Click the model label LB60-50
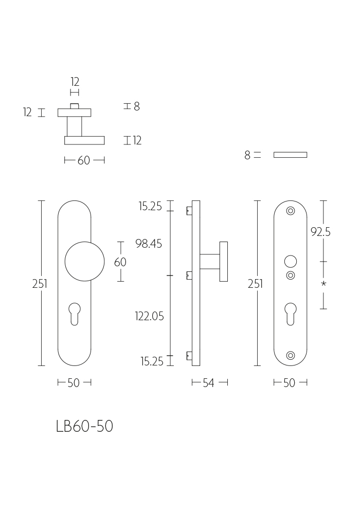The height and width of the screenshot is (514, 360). (84, 426)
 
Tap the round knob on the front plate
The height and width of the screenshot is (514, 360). (84, 262)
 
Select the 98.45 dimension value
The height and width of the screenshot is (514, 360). (149, 244)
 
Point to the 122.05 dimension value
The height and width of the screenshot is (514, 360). (149, 316)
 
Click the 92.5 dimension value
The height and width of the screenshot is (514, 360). (320, 232)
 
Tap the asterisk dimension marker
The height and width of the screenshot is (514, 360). (323, 284)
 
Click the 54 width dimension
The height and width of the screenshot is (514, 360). (208, 382)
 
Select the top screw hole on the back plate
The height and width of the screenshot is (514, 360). (291, 211)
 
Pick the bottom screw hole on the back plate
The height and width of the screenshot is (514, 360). (291, 355)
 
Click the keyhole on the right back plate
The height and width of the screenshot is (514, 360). (291, 314)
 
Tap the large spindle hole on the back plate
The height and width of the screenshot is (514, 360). (291, 262)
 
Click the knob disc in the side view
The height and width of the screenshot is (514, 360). (224, 262)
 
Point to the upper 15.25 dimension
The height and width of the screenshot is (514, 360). (150, 206)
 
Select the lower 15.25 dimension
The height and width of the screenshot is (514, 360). (152, 361)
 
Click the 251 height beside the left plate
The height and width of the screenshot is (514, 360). (40, 284)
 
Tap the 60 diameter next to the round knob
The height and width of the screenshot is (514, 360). (120, 262)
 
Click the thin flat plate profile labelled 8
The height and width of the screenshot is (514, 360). (291, 155)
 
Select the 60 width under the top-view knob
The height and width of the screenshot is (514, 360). (84, 160)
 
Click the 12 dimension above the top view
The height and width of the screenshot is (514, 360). (75, 82)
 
